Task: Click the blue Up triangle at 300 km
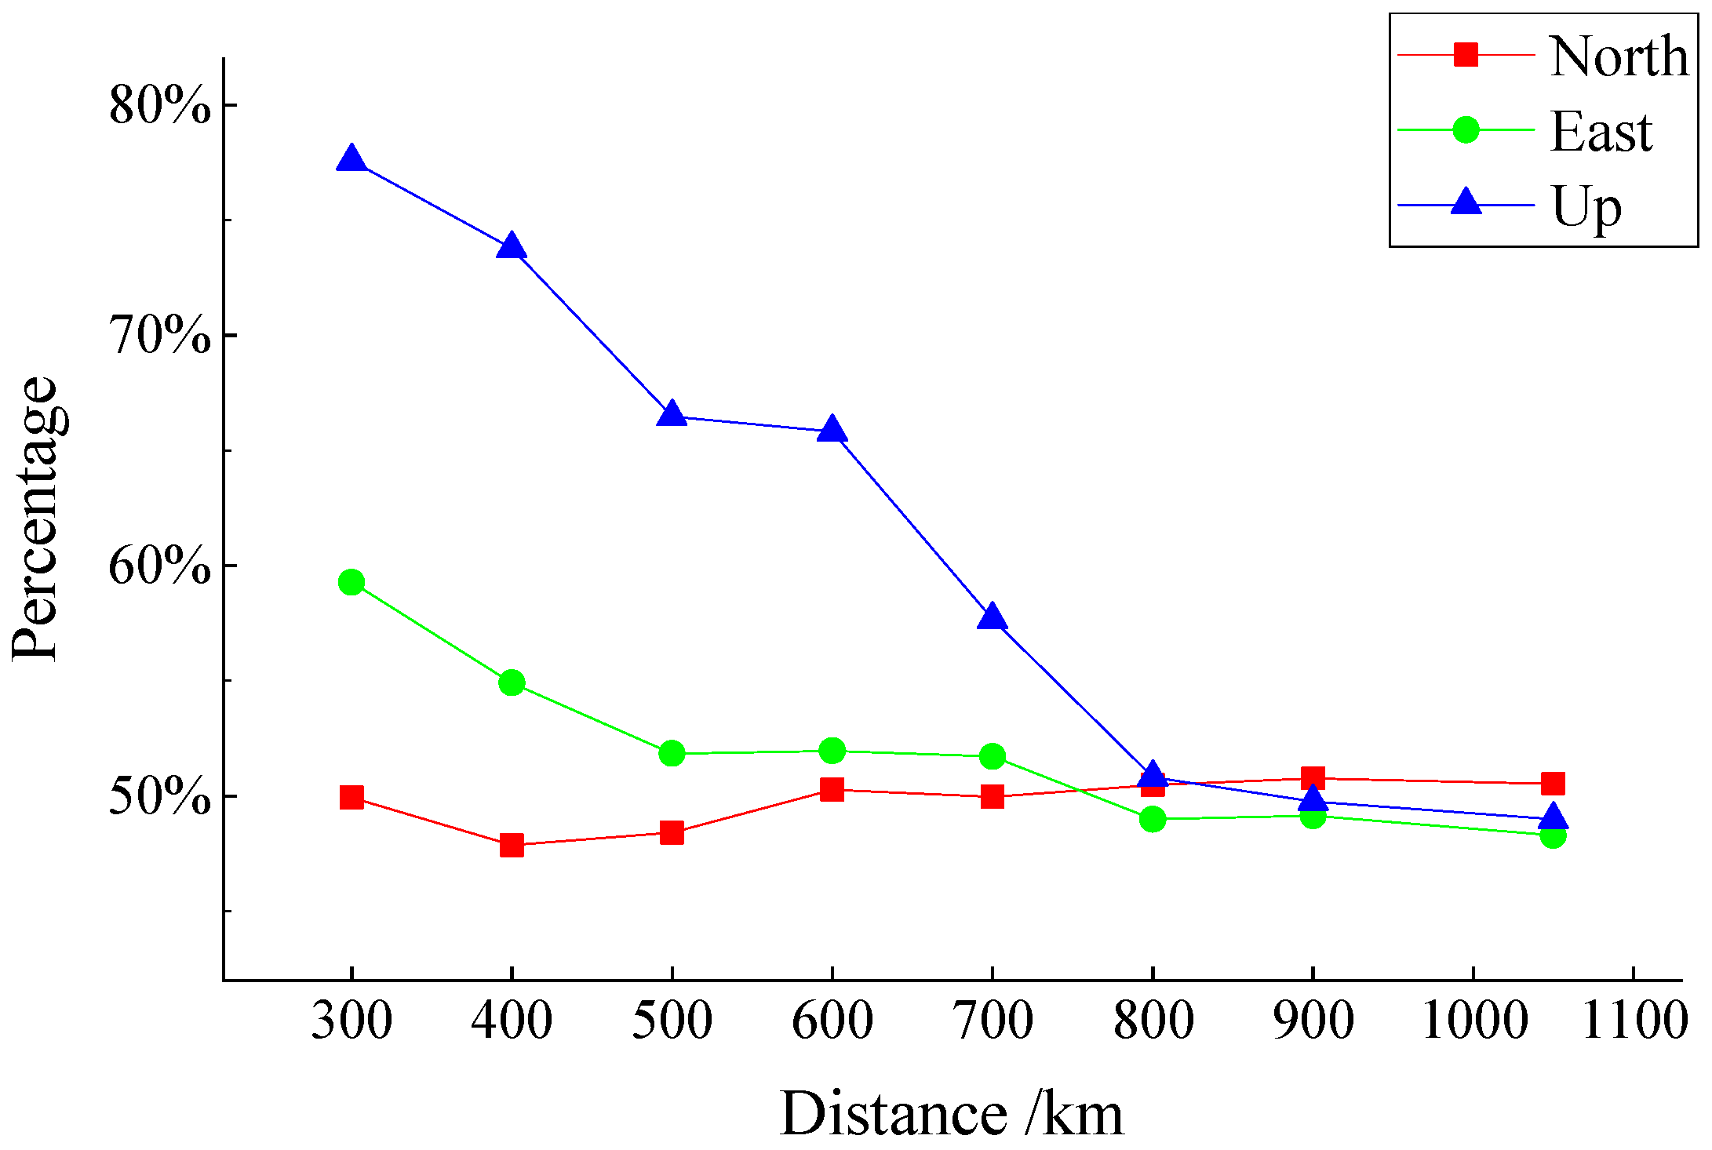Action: coord(352,160)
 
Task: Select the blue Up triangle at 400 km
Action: coord(512,248)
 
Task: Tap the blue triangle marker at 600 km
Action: coord(832,431)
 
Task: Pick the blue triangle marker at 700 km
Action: coord(993,618)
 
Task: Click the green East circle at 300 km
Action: coord(352,582)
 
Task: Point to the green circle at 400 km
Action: coord(512,682)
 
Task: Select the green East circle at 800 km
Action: coord(1153,819)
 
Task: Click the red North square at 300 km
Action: coord(352,797)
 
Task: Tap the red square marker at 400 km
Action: coord(512,845)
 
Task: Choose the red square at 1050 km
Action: coord(1553,783)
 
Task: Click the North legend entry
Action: coord(1618,56)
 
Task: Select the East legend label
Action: coord(1601,132)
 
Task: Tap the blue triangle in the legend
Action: coord(1466,204)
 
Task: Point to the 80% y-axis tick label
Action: coord(160,105)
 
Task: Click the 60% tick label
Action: coord(160,566)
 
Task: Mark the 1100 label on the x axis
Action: coord(1634,1021)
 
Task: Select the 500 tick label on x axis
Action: coord(672,1021)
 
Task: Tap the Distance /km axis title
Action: coord(952,1114)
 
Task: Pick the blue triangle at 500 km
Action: coord(672,415)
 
